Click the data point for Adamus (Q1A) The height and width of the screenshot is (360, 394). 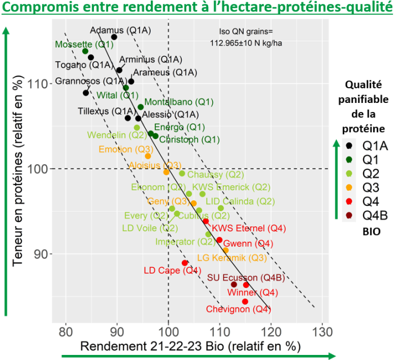114,37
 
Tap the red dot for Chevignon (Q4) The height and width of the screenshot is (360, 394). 245,301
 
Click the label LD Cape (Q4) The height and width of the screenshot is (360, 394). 172,270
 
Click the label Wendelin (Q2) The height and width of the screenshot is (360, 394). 113,136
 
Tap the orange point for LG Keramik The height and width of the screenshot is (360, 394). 226,250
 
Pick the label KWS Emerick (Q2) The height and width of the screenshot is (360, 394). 231,187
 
